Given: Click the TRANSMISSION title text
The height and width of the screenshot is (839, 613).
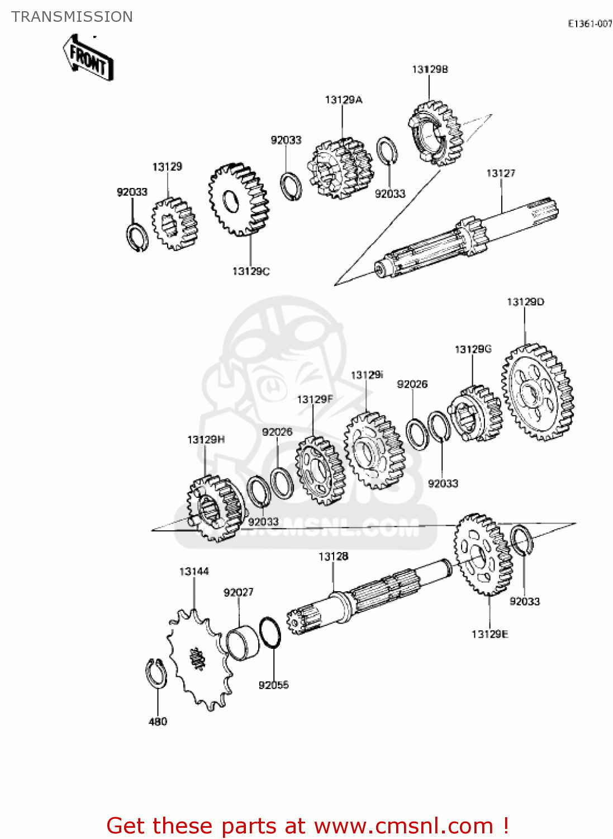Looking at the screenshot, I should [x=72, y=17].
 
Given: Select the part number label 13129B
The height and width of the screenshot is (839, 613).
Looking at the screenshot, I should [x=430, y=69].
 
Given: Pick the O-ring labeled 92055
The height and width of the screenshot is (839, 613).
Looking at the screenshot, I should [x=270, y=633].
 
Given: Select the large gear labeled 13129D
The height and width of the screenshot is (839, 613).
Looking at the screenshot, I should [x=538, y=392].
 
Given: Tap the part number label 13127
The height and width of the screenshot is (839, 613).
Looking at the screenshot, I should [x=500, y=173].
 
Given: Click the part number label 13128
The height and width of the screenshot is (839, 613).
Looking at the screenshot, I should [x=333, y=557].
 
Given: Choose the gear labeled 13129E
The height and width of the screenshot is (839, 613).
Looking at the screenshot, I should [x=483, y=554].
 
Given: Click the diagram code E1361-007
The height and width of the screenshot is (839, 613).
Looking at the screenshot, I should [x=590, y=23].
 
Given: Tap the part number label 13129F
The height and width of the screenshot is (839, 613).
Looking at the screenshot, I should [x=315, y=399].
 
